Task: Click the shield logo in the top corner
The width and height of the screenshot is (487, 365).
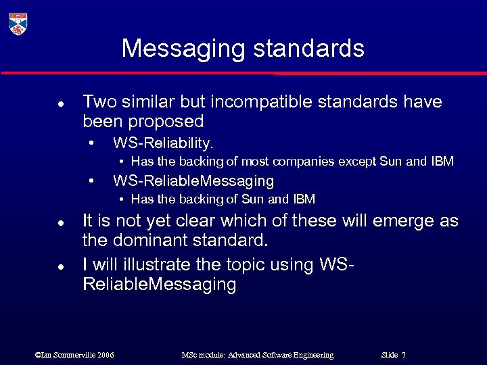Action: pos(18,23)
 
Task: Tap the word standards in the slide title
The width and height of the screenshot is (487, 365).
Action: pos(304,49)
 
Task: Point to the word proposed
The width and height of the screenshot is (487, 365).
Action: pos(171,122)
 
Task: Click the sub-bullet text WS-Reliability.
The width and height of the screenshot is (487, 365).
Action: pos(163,143)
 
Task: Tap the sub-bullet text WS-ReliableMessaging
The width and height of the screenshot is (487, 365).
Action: pos(193,180)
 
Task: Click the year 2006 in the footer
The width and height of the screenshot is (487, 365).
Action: pos(105,355)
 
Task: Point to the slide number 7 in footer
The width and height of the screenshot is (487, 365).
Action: pos(403,355)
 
